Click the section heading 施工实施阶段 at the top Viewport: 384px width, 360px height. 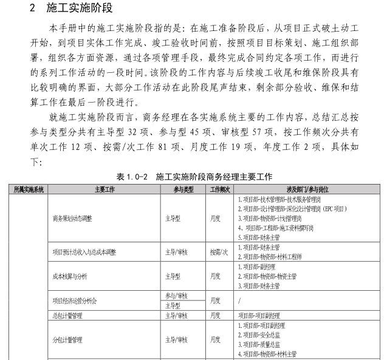coord(77,9)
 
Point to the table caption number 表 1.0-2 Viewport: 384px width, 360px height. coord(132,177)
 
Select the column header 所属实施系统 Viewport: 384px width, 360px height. coord(29,190)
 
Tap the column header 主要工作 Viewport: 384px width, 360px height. coord(105,190)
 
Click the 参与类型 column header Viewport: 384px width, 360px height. coord(180,190)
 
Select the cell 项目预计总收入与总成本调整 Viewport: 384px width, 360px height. coord(89,252)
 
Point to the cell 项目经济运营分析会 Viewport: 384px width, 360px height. coord(75,301)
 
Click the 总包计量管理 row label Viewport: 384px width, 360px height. coord(68,316)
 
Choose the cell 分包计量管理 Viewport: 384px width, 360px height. coord(68,339)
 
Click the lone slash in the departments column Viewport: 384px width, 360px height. coord(239,301)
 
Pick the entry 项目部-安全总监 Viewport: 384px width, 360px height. coord(263,335)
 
